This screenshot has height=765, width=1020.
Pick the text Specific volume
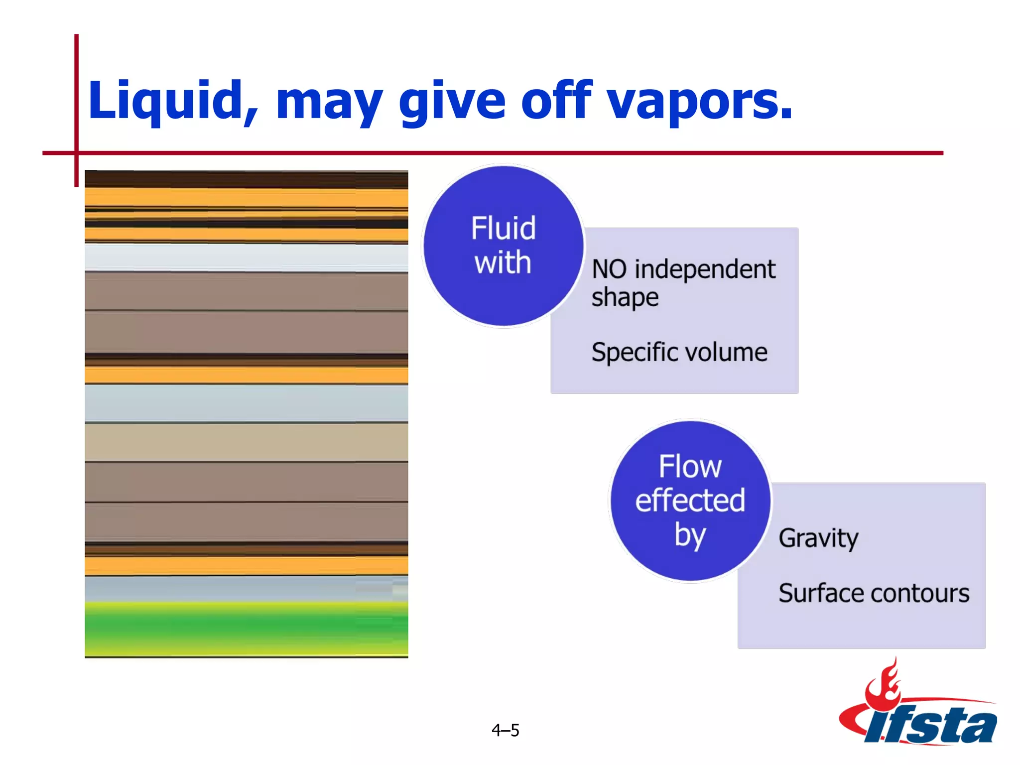pyautogui.click(x=679, y=353)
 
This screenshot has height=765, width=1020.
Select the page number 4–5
pyautogui.click(x=505, y=731)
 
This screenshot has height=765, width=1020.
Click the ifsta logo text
pyautogui.click(x=931, y=725)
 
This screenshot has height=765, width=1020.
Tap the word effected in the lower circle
pyautogui.click(x=690, y=501)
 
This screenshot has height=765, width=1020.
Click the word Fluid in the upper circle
pyautogui.click(x=504, y=229)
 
